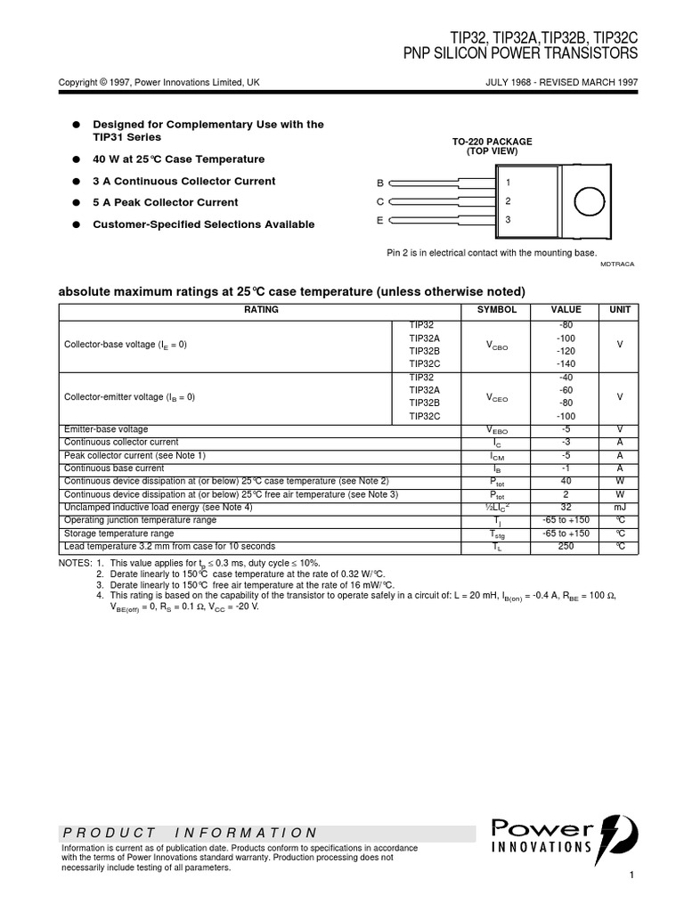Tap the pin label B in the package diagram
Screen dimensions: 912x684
coord(379,183)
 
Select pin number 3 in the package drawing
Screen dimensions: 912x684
coord(508,219)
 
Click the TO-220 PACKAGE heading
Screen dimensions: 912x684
coord(492,142)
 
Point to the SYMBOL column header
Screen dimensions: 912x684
coord(496,310)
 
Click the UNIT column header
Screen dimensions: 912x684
coord(618,310)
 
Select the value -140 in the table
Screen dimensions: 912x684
coord(566,363)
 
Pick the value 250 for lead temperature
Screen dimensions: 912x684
coord(566,547)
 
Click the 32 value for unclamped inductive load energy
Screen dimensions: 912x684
coord(566,507)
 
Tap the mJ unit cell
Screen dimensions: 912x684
coord(618,507)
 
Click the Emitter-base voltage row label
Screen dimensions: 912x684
coord(107,429)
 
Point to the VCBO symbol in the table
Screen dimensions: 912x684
coord(496,345)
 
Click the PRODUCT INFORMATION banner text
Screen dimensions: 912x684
coord(190,833)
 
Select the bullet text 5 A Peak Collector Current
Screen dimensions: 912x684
coord(166,203)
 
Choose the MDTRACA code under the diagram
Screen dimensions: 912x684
coord(618,265)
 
